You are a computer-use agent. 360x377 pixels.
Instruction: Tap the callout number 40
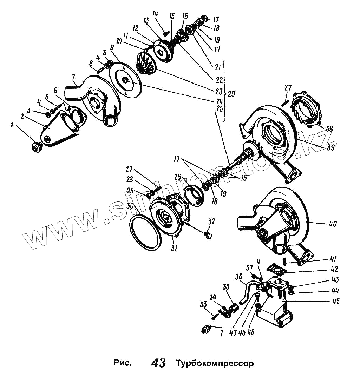point(333,224)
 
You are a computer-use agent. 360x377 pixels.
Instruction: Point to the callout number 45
point(336,301)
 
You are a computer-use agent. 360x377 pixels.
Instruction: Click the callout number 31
point(174,248)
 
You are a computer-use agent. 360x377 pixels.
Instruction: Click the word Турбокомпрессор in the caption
point(215,363)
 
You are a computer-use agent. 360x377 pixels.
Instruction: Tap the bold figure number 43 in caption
point(158,363)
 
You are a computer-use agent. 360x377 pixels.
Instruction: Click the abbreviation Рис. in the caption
point(123,363)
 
